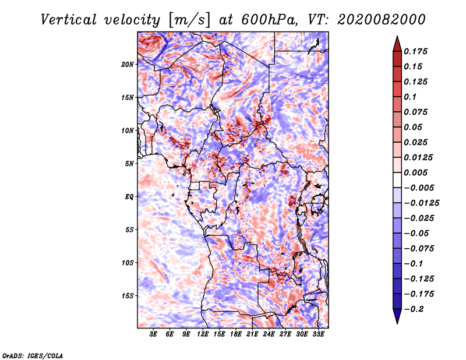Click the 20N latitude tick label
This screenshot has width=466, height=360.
(x=128, y=64)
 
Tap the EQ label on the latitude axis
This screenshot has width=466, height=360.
(x=129, y=197)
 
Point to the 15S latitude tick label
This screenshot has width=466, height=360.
(x=128, y=296)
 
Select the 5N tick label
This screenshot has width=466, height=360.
(x=129, y=164)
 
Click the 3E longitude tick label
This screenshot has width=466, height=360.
(x=153, y=334)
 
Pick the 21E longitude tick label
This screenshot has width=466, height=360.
(x=252, y=334)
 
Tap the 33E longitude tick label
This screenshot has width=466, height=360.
(x=318, y=334)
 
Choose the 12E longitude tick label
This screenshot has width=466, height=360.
(x=203, y=334)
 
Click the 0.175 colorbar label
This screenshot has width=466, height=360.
(x=415, y=51)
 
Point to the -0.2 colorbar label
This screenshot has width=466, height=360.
(x=414, y=309)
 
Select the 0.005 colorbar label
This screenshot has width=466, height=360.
(x=415, y=172)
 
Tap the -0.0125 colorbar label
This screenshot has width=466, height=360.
(x=421, y=203)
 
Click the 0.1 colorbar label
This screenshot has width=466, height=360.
(x=410, y=97)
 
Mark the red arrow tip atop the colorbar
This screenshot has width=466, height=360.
(x=397, y=36)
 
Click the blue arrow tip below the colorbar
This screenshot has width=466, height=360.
(x=397, y=323)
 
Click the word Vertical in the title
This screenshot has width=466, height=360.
(x=69, y=20)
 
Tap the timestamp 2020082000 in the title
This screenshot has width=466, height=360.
(x=382, y=20)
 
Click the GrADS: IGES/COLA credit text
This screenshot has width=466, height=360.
(x=33, y=355)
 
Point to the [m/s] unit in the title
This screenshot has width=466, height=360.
(x=189, y=20)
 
